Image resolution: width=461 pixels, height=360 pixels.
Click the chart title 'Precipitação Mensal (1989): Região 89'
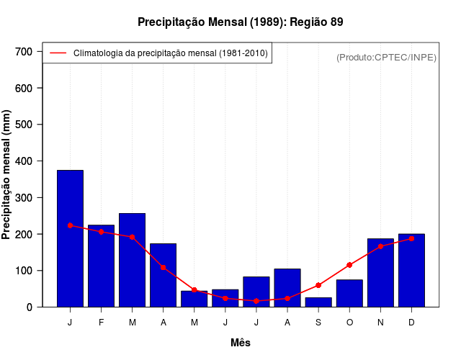241,22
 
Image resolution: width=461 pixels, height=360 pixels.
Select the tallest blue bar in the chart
70,238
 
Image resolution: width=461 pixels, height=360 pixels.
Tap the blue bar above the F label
101,266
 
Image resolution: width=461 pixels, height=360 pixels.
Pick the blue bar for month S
318,302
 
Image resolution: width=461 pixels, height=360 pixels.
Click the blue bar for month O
349,293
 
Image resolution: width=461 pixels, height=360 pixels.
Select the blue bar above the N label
380,273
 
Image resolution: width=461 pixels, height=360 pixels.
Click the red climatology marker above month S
318,285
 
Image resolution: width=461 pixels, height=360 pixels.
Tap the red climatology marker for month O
349,265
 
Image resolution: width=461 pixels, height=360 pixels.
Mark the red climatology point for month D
411,238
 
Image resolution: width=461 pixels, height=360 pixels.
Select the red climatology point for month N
380,246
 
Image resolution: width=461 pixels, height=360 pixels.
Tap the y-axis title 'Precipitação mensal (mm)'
7,176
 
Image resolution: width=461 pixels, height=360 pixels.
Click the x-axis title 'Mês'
241,343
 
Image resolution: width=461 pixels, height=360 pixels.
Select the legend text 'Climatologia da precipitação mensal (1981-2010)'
171,53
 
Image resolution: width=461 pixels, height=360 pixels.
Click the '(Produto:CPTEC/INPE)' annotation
386,57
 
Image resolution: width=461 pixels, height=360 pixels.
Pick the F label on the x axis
101,323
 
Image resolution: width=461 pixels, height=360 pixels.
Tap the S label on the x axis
318,323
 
